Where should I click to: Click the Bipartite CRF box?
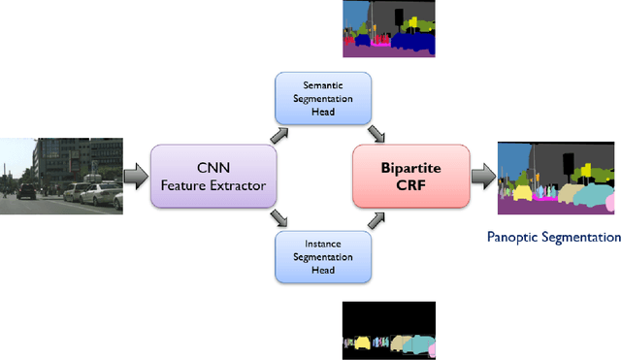point(410,177)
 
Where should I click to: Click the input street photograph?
point(61,175)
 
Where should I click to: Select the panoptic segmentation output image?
point(555,178)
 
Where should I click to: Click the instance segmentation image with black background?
point(389,331)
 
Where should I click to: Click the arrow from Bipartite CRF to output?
point(482,177)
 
